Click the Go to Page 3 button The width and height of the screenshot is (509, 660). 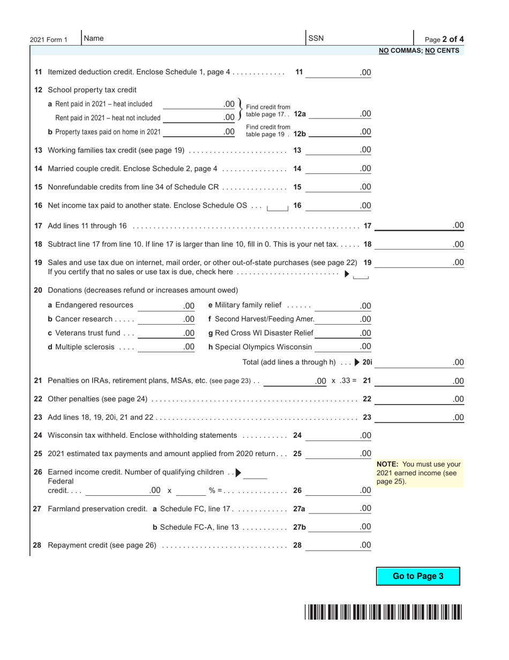(418, 576)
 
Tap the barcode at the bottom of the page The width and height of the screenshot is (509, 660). (384, 612)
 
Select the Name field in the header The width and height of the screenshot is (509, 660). (193, 39)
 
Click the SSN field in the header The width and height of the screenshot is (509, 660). (359, 39)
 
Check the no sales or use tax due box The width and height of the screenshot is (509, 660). (361, 275)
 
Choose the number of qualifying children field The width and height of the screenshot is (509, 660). (256, 473)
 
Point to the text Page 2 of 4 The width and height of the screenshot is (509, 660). (444, 39)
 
